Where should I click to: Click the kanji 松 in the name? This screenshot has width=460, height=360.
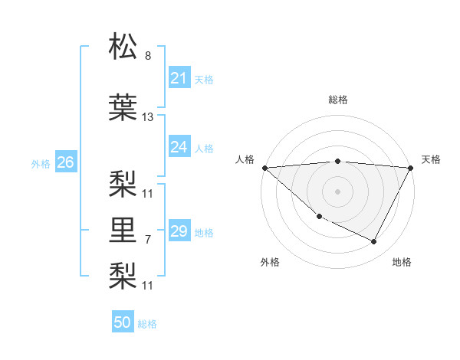coord(123,47)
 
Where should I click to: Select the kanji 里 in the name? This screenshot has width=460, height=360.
coord(123,228)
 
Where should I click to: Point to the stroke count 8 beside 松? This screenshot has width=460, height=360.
coord(148,56)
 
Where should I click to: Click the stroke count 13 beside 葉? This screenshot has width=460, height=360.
coord(148,117)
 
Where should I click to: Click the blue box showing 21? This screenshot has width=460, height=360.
coord(179,78)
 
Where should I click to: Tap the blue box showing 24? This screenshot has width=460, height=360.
coord(179,147)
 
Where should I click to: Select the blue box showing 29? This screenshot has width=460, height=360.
coord(179,231)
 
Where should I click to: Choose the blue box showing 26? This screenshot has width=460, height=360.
coord(65,162)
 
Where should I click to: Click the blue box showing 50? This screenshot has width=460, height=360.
coord(123,323)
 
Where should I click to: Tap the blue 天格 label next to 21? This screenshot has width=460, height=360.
coord(204,79)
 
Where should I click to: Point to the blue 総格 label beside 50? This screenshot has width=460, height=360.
coord(147,324)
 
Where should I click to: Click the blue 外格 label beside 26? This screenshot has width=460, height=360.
coord(41,163)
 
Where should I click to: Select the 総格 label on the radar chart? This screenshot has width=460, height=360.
coord(337,100)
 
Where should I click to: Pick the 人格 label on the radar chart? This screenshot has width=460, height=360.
coord(245,159)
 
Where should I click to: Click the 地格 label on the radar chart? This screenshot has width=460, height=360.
coord(402,263)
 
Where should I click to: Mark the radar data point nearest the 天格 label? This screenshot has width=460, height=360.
coord(412,168)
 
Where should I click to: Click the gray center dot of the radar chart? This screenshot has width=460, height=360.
coord(337,191)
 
